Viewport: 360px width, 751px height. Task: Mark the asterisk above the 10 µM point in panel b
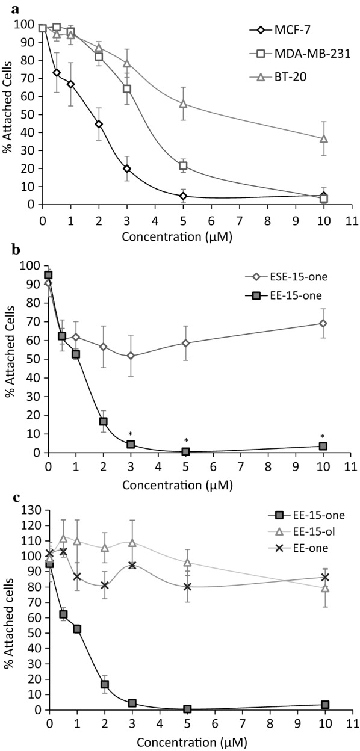(x=323, y=437)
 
